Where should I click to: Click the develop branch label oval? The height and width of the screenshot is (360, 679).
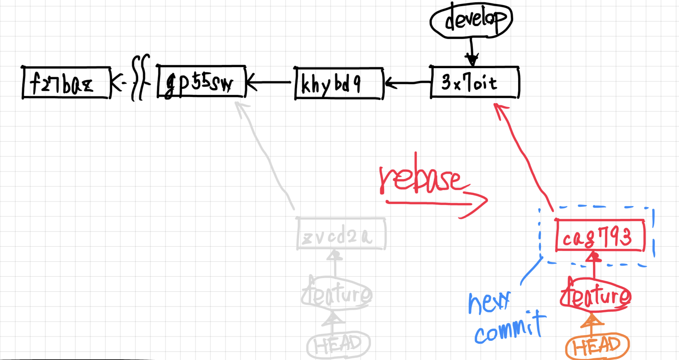[471, 20]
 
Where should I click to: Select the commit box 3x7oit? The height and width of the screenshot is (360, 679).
[474, 82]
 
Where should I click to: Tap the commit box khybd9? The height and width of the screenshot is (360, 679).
[339, 83]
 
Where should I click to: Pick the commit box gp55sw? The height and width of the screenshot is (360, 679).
[201, 82]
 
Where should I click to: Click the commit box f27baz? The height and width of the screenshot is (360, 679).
[66, 82]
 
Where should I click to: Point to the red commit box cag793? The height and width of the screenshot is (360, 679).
[600, 235]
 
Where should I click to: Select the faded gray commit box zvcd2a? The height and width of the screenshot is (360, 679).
[341, 233]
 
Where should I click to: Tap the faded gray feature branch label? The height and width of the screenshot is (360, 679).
[336, 294]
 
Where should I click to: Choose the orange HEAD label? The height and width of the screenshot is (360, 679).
[597, 346]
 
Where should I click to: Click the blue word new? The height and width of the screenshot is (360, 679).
[489, 302]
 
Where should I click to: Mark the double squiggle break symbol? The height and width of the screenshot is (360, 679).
[140, 78]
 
